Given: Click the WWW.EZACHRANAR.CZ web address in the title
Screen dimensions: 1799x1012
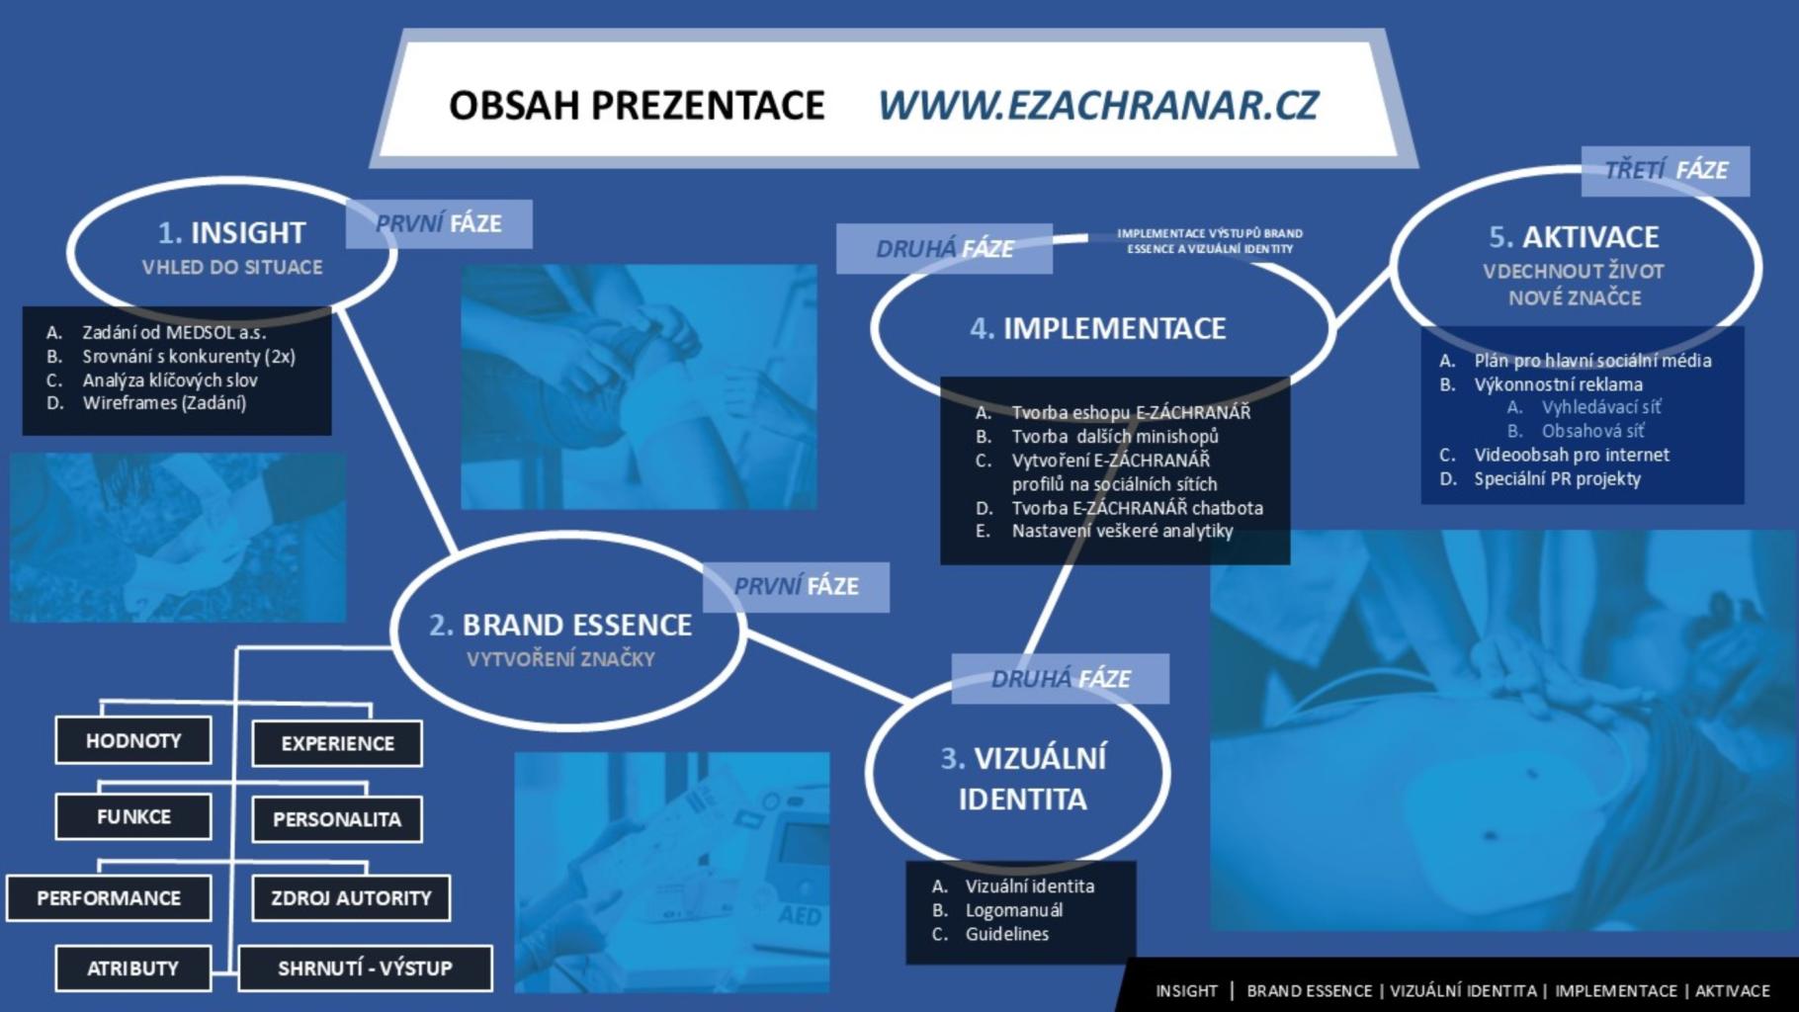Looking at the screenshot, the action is [x=1098, y=105].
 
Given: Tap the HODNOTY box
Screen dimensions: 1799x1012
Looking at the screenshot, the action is [x=133, y=740].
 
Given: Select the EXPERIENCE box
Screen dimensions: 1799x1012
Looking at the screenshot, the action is [x=337, y=743].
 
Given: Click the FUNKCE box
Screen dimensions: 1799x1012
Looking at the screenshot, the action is [x=133, y=816].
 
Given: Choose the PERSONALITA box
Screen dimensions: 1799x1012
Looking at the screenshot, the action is [x=337, y=819].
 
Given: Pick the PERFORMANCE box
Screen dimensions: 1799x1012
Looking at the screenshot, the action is [x=109, y=898].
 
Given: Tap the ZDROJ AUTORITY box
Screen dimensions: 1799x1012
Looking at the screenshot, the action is [x=351, y=898].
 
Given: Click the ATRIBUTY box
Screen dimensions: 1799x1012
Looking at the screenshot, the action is [x=133, y=969].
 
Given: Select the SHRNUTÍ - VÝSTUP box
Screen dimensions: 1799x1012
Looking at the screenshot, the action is [x=365, y=969].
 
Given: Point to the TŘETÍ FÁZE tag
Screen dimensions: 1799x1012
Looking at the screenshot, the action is [x=1666, y=171].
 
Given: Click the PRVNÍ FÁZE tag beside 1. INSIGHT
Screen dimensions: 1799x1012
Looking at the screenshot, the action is [x=439, y=224].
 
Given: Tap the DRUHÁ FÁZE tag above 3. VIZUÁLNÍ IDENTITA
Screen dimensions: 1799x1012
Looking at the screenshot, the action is [x=1061, y=679].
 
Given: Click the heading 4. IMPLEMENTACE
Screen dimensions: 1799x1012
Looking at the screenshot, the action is [x=1098, y=328].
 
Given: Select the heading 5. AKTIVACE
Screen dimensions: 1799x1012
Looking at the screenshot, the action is [x=1575, y=237].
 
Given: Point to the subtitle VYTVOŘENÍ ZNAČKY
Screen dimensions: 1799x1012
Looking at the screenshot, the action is [x=560, y=659].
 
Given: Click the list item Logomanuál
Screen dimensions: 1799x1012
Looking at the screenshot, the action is [x=1014, y=910].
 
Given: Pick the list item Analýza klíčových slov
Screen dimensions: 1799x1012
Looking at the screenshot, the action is [x=170, y=380].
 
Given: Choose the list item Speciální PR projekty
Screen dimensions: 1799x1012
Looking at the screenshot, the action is [x=1558, y=479].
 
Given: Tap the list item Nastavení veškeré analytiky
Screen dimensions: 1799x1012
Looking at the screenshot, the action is [x=1123, y=531].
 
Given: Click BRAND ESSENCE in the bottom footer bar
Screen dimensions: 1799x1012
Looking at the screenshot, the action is [x=1310, y=990].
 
